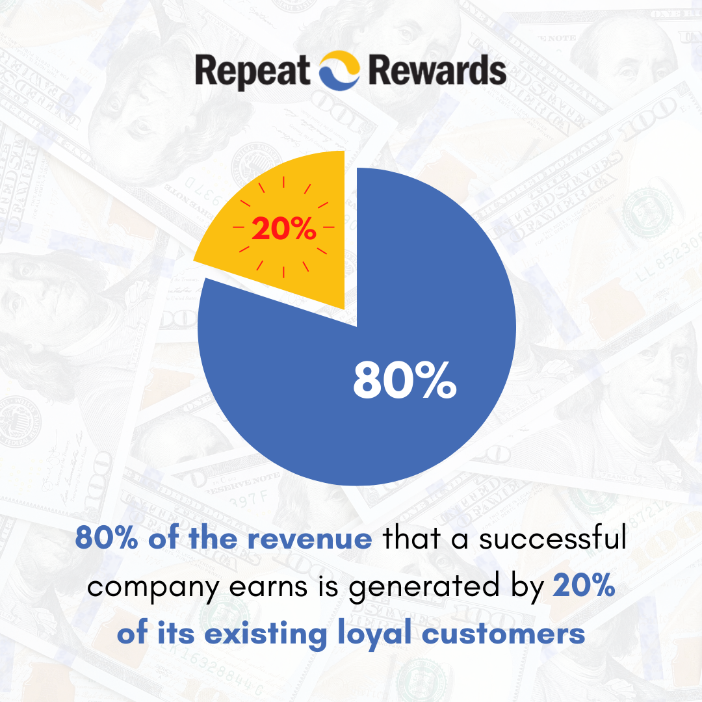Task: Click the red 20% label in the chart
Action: pyautogui.click(x=284, y=229)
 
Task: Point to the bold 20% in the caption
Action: pyautogui.click(x=583, y=587)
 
